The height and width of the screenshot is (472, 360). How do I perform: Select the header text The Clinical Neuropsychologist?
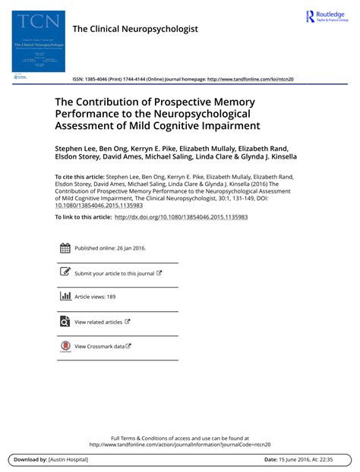pos(134,29)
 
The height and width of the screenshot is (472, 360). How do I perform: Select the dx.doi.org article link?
pos(181,217)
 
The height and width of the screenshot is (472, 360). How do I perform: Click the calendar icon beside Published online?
pos(65,248)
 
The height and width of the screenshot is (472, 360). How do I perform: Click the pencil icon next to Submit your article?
pos(65,272)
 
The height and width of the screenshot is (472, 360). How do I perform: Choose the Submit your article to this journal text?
pos(114,273)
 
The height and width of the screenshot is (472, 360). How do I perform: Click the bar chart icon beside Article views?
pos(65,297)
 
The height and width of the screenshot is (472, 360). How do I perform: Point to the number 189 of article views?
pos(111,297)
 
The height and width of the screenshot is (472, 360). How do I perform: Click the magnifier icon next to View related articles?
pos(65,321)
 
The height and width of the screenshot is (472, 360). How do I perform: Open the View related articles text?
pos(98,322)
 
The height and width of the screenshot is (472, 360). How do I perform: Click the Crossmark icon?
pos(65,346)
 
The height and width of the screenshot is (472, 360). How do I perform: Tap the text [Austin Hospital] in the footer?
pos(67,460)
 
